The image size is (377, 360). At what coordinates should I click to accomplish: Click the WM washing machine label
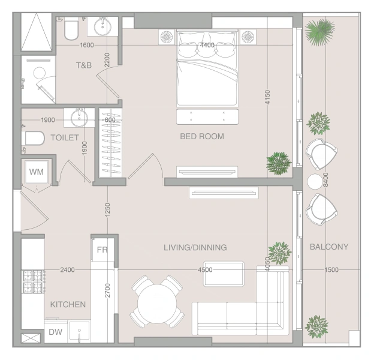(37, 172)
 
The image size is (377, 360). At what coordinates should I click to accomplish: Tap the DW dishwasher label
(55, 332)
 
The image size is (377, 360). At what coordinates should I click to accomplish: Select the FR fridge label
(102, 250)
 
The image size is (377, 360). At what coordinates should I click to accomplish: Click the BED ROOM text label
(202, 136)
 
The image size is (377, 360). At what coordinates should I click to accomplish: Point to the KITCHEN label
(68, 305)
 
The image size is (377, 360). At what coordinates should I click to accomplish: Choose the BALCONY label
(329, 247)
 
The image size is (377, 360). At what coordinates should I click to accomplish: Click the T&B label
(84, 65)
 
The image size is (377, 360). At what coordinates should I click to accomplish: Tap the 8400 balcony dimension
(326, 179)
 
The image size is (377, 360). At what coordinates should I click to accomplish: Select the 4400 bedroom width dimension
(207, 45)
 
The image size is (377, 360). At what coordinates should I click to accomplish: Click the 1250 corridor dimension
(107, 209)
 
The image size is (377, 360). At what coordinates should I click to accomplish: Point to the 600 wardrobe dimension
(110, 120)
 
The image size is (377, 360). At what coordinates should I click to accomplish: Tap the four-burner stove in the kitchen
(33, 281)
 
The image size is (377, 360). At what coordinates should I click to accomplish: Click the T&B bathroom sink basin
(102, 27)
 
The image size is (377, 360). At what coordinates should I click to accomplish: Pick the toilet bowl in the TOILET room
(33, 138)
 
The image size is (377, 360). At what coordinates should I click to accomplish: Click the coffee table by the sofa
(224, 274)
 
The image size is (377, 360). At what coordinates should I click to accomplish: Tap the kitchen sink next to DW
(79, 332)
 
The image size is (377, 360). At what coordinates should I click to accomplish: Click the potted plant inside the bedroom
(279, 163)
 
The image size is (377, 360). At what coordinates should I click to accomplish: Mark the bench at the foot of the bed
(207, 117)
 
